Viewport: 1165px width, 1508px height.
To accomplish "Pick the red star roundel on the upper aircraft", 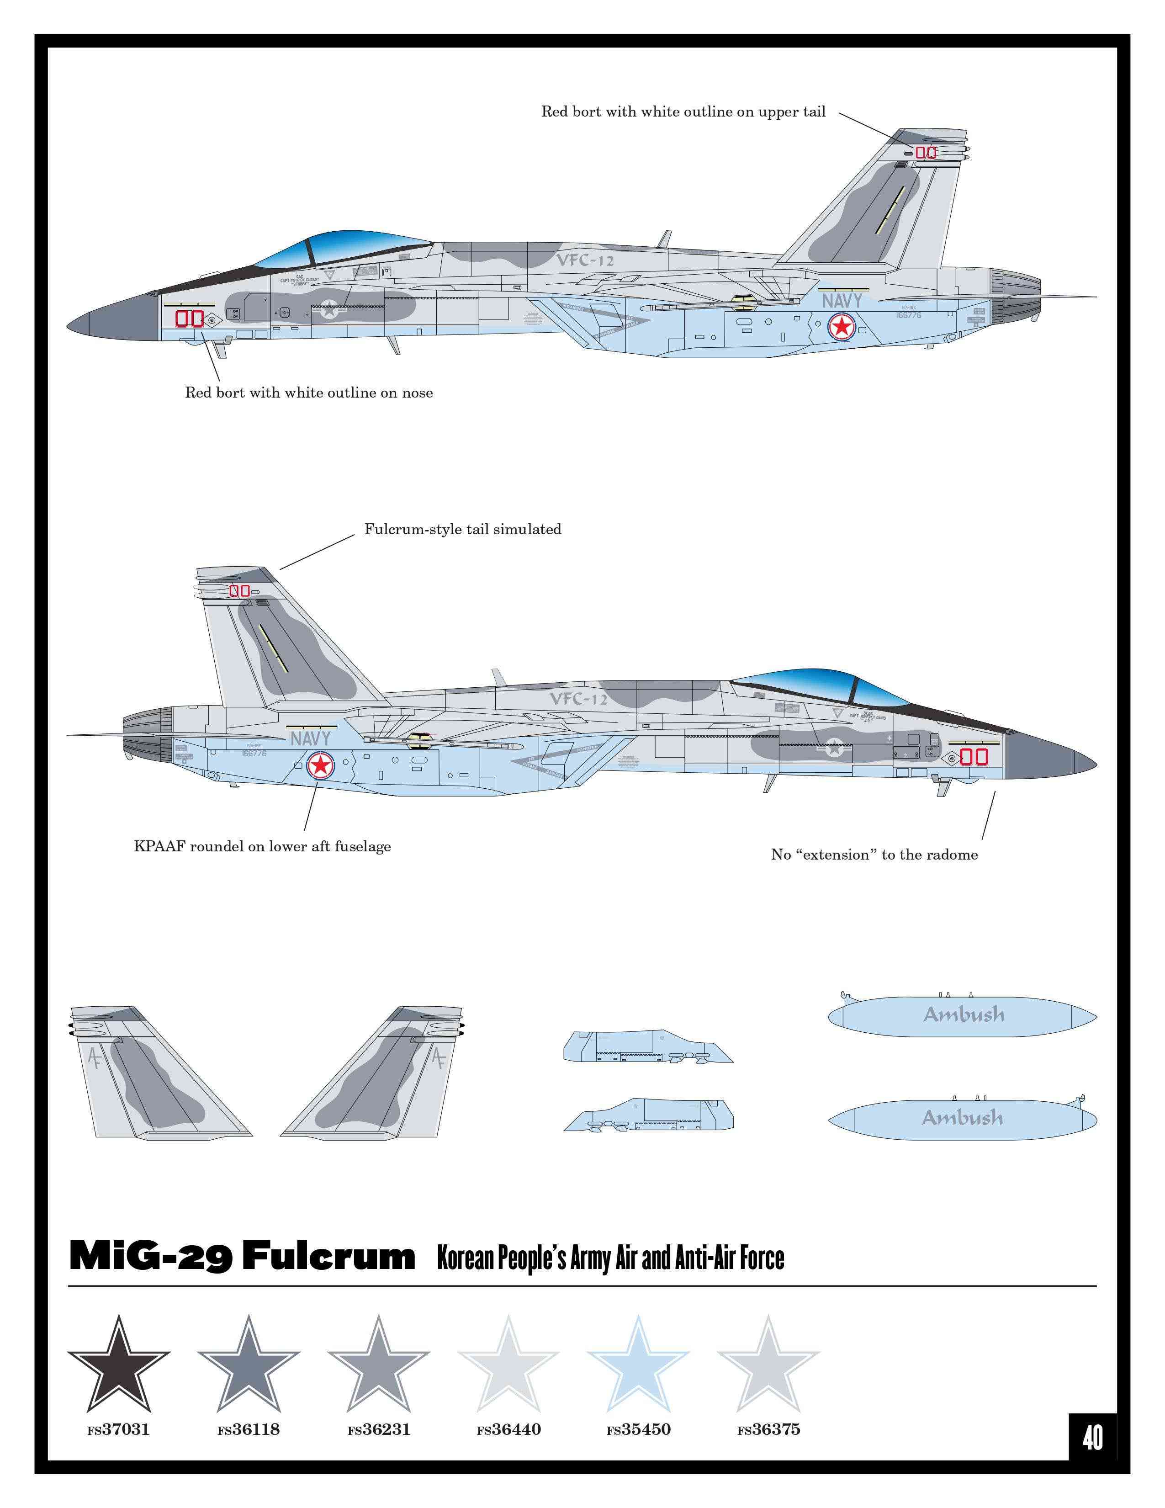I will (841, 327).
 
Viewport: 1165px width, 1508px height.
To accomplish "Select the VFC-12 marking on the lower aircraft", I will (578, 699).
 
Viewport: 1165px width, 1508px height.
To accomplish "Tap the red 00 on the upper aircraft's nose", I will (189, 319).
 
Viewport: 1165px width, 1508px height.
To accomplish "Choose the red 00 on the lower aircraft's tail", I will (239, 590).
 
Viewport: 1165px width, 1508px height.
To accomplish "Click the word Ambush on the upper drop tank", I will (964, 1014).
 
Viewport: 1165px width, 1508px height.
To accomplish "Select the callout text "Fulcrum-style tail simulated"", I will (462, 530).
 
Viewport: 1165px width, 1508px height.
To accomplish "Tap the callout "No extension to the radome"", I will (874, 855).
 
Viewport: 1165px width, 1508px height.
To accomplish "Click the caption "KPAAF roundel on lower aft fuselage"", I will (262, 846).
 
